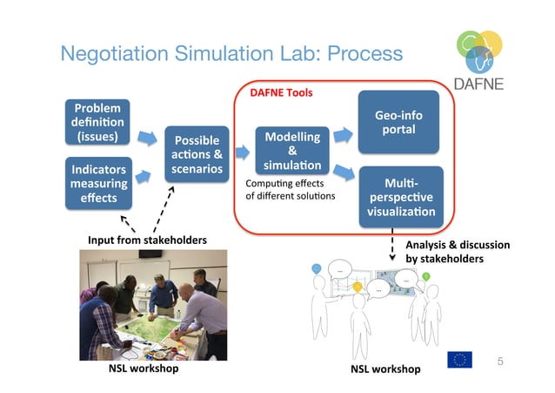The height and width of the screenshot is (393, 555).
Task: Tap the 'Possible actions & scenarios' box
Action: pyautogui.click(x=197, y=154)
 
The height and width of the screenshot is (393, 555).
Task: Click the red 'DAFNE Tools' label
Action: pyautogui.click(x=281, y=92)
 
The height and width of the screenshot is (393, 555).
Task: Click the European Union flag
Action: pyautogui.click(x=459, y=359)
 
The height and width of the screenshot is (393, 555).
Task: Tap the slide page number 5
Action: pyautogui.click(x=499, y=360)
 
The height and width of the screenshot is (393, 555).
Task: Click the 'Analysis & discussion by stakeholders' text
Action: pyautogui.click(x=457, y=252)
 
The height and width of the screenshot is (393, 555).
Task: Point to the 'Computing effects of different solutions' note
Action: pyautogui.click(x=284, y=188)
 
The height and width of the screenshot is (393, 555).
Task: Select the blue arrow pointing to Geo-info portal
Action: pyautogui.click(x=343, y=135)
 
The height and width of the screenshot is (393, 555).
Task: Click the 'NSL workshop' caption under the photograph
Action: pyautogui.click(x=143, y=369)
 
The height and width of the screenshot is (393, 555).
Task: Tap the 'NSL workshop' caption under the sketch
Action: pyautogui.click(x=384, y=369)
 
